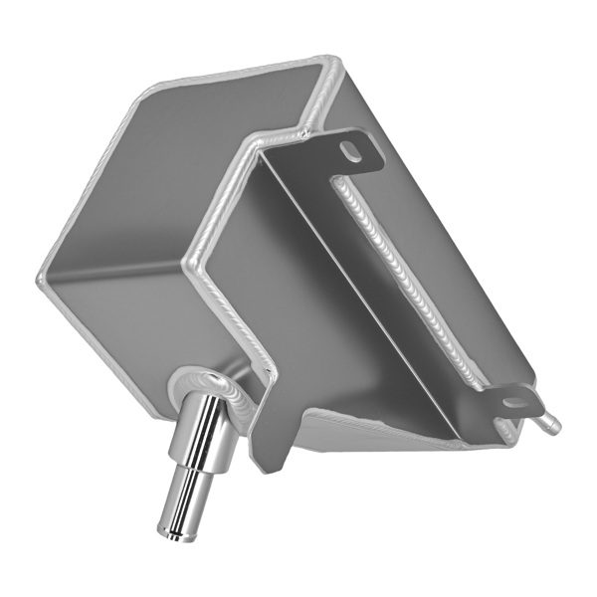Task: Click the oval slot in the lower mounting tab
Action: (x=516, y=403)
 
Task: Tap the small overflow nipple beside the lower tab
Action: (x=548, y=425)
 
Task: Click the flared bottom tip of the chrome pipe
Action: (x=168, y=535)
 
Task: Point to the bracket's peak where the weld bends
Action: (x=258, y=149)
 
